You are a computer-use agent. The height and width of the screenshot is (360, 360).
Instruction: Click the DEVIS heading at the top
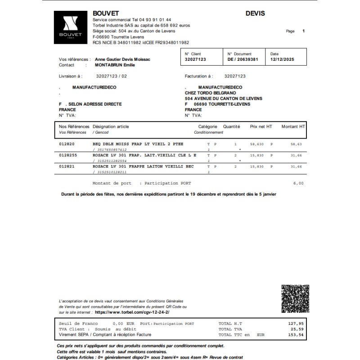point(255,13)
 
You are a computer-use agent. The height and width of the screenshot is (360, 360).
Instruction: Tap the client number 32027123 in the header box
point(195,59)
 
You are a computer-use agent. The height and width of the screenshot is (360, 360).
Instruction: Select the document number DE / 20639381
point(243,59)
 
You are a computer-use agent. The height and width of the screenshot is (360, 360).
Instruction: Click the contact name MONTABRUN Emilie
point(115,65)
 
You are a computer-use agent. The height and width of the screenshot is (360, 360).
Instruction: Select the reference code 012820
point(67,144)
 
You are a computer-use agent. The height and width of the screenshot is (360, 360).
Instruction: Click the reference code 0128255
point(68,155)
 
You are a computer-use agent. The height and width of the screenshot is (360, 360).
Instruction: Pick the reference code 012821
point(67,166)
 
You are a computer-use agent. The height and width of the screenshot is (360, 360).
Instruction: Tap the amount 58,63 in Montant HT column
point(296,144)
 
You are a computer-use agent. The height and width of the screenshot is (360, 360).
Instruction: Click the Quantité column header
point(232,127)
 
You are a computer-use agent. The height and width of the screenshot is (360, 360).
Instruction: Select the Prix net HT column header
point(261,127)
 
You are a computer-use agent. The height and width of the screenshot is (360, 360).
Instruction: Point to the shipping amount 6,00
point(298,183)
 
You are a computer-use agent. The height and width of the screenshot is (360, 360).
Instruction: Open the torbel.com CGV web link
point(132,312)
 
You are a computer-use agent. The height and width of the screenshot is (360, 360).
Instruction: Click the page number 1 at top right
point(304,31)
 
